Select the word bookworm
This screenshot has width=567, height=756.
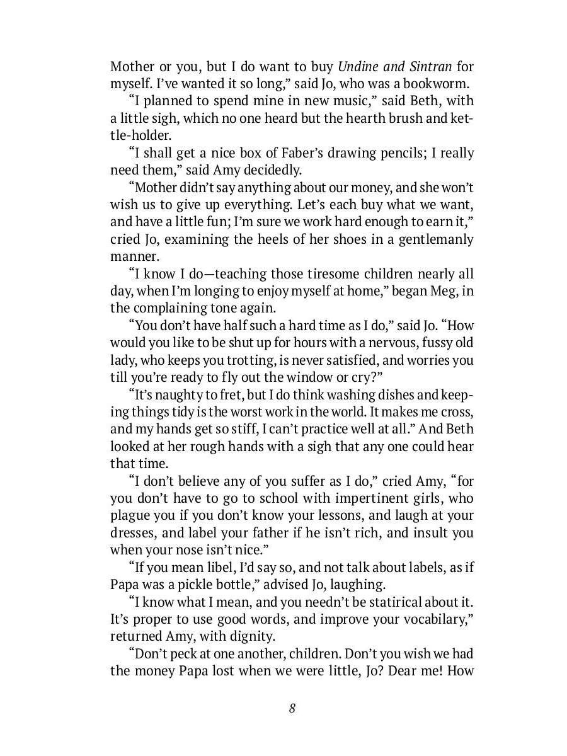point(437,83)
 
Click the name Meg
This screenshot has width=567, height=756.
point(446,291)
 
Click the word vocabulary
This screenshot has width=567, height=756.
point(435,619)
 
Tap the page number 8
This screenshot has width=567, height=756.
point(292,708)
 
